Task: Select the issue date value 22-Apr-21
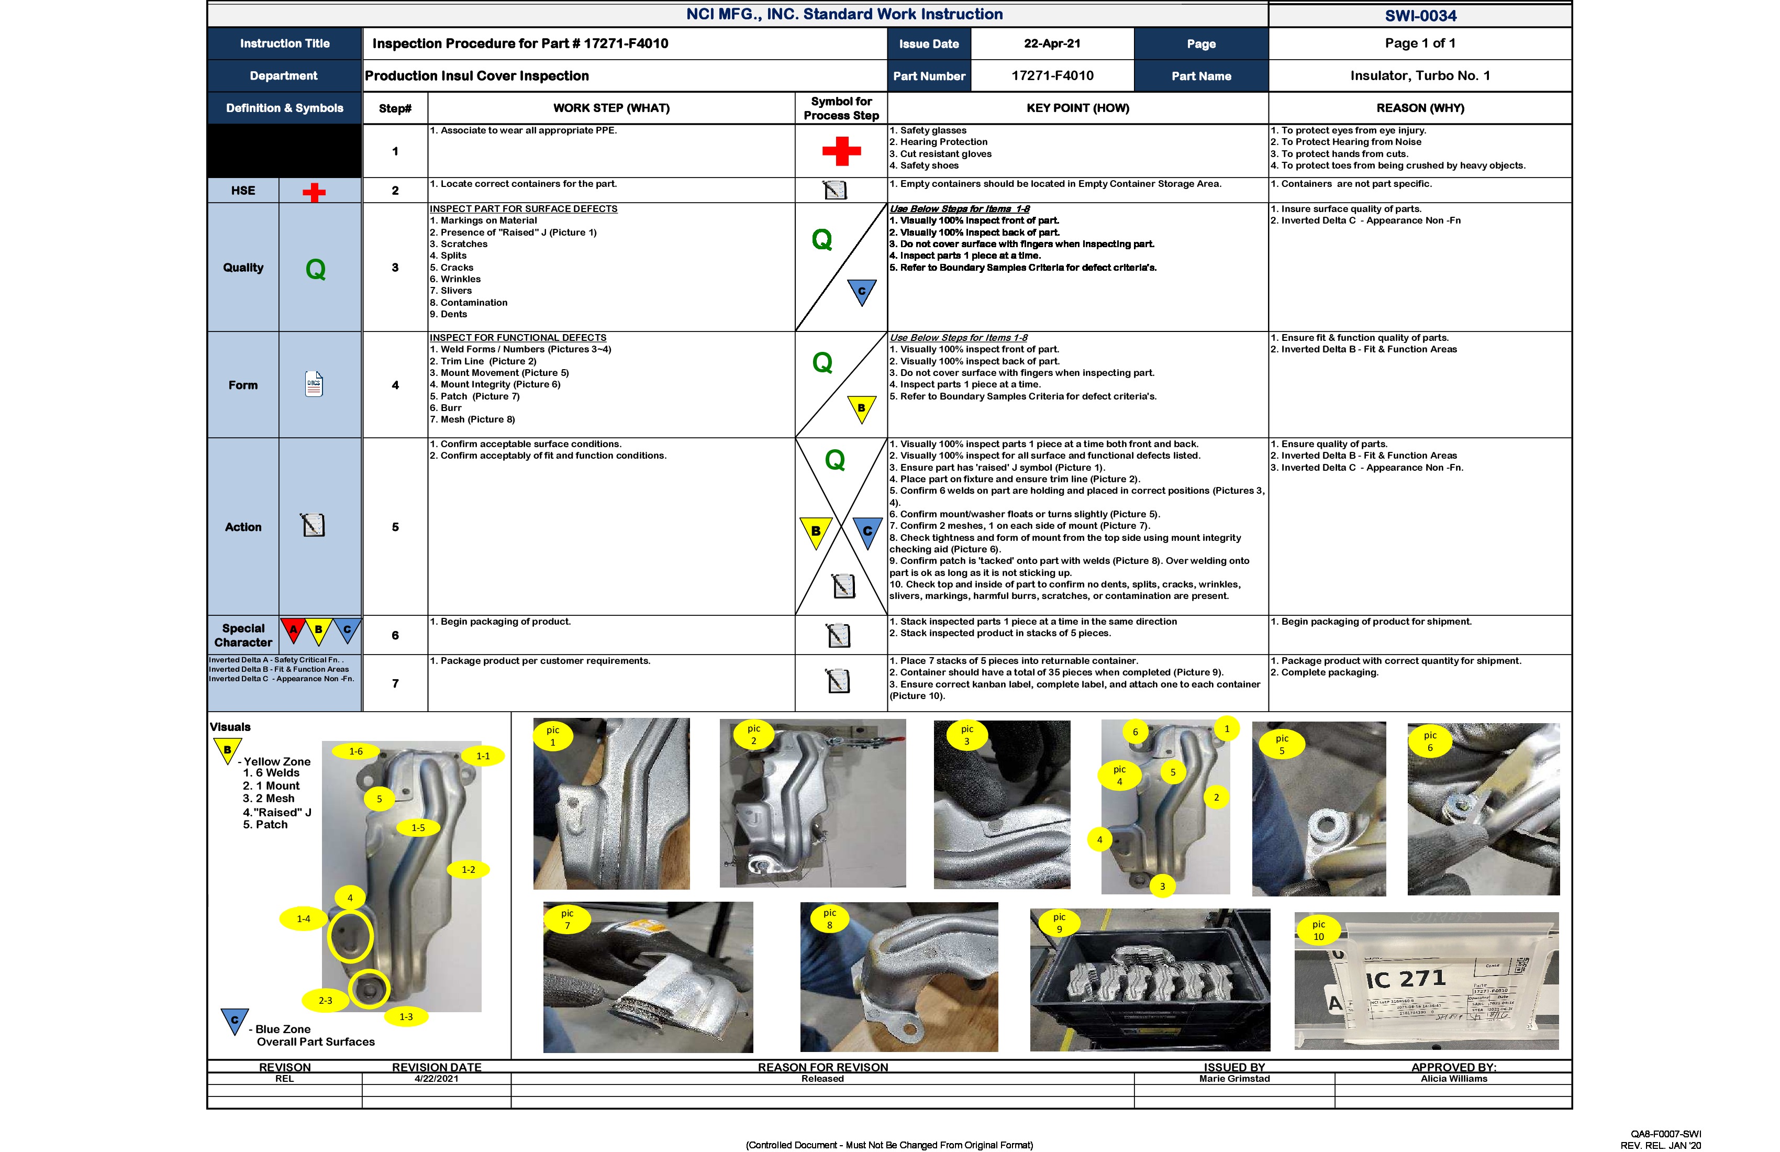[1052, 43]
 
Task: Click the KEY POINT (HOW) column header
[1077, 108]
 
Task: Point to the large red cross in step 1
[841, 151]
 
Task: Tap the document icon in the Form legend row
[314, 384]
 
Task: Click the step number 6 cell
[395, 635]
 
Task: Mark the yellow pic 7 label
[567, 918]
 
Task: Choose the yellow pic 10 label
[1319, 930]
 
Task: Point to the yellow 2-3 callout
[325, 1000]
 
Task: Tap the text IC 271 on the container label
[1406, 979]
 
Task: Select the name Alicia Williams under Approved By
[1453, 1079]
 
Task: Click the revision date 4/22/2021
[436, 1079]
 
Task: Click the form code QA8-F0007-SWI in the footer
[1665, 1135]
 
